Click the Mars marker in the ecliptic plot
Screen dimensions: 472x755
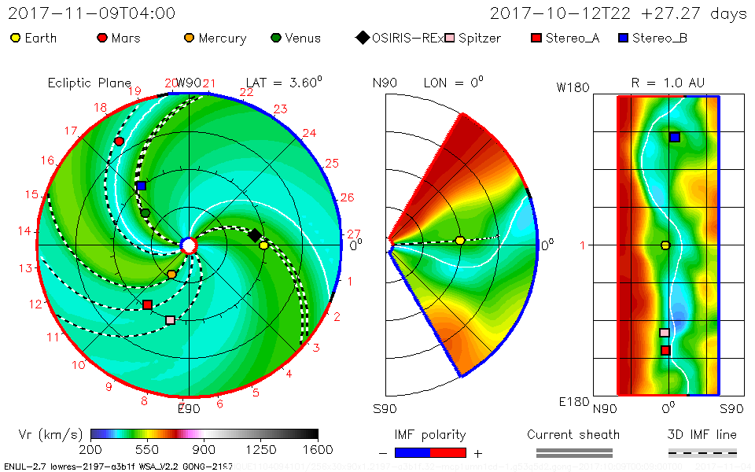(x=119, y=141)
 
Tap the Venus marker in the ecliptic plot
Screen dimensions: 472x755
(x=145, y=212)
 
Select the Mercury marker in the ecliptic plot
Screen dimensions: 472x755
(x=171, y=274)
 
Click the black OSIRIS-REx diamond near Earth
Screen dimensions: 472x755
(x=255, y=235)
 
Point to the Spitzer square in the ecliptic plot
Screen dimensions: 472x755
(x=171, y=320)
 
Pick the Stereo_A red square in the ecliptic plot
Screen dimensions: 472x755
(x=147, y=304)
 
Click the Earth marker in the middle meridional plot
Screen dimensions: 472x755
(x=460, y=241)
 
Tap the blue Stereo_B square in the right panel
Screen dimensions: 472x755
(x=675, y=137)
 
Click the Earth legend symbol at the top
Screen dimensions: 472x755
(x=15, y=38)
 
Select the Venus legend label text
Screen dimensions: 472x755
(x=303, y=38)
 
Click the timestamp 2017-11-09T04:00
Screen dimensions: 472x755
(x=92, y=13)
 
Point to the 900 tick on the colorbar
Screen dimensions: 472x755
(x=204, y=449)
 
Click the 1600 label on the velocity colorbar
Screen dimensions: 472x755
(x=318, y=449)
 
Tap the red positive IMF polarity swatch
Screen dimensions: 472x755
(x=448, y=452)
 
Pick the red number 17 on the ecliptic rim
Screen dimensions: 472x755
(x=72, y=131)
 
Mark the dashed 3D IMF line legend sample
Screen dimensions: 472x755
(x=702, y=452)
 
